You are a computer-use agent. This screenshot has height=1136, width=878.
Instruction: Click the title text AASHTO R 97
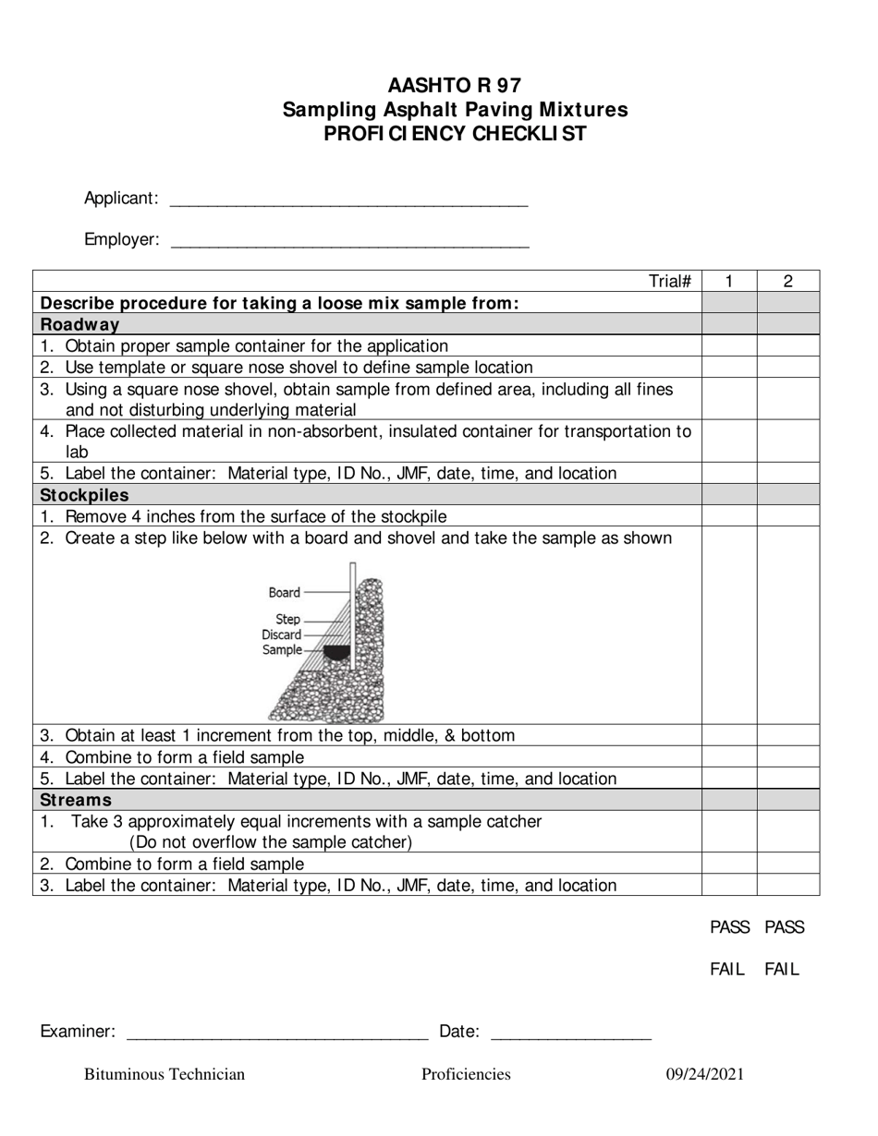[x=454, y=86]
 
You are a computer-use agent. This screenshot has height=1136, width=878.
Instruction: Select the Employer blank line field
[x=350, y=241]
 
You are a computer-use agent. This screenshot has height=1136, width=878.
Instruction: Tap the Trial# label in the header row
[x=670, y=282]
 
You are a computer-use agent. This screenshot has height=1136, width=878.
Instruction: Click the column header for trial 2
[x=787, y=282]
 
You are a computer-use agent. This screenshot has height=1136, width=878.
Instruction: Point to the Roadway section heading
[x=80, y=324]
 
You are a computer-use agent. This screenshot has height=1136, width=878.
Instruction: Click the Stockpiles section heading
[x=85, y=495]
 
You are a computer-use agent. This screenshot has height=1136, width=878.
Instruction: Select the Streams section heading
[x=76, y=800]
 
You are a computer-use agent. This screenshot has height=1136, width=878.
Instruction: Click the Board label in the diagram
[x=285, y=593]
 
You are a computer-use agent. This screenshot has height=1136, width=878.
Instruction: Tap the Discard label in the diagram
[x=281, y=634]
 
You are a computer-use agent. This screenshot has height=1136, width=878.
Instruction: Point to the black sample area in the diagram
[x=336, y=653]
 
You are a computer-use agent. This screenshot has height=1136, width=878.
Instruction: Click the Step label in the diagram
[x=287, y=620]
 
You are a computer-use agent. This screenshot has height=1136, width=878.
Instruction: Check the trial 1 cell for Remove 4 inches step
[x=729, y=516]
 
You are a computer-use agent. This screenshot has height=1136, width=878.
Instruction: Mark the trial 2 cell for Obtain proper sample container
[x=787, y=345]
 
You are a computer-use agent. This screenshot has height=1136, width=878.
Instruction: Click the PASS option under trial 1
[x=729, y=927]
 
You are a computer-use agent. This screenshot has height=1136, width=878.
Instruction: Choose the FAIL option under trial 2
[x=782, y=970]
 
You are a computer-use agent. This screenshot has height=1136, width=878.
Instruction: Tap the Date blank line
[x=570, y=1033]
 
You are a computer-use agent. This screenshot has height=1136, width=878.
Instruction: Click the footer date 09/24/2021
[x=705, y=1074]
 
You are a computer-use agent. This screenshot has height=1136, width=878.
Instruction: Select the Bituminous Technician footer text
[x=165, y=1074]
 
